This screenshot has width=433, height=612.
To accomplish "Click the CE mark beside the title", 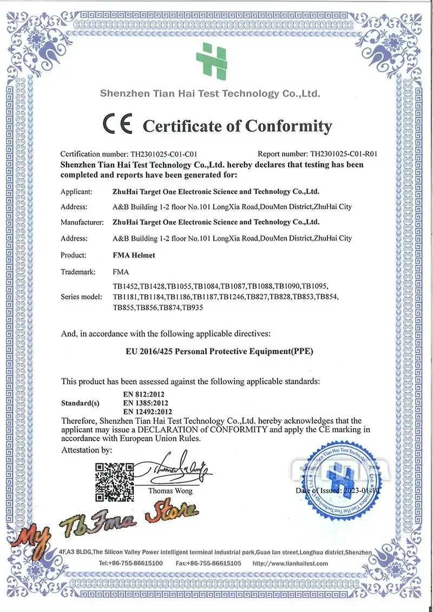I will (117, 124).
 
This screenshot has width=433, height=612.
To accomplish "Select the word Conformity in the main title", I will (288, 127).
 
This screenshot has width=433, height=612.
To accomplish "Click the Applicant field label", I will (77, 191).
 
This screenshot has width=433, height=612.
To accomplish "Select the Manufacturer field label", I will (82, 222).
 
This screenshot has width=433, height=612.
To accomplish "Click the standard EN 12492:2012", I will (148, 412).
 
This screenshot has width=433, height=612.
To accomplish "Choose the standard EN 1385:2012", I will (146, 403).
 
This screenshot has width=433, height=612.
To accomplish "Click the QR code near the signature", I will (114, 482).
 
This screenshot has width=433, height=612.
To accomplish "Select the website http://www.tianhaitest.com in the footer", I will (290, 563).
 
